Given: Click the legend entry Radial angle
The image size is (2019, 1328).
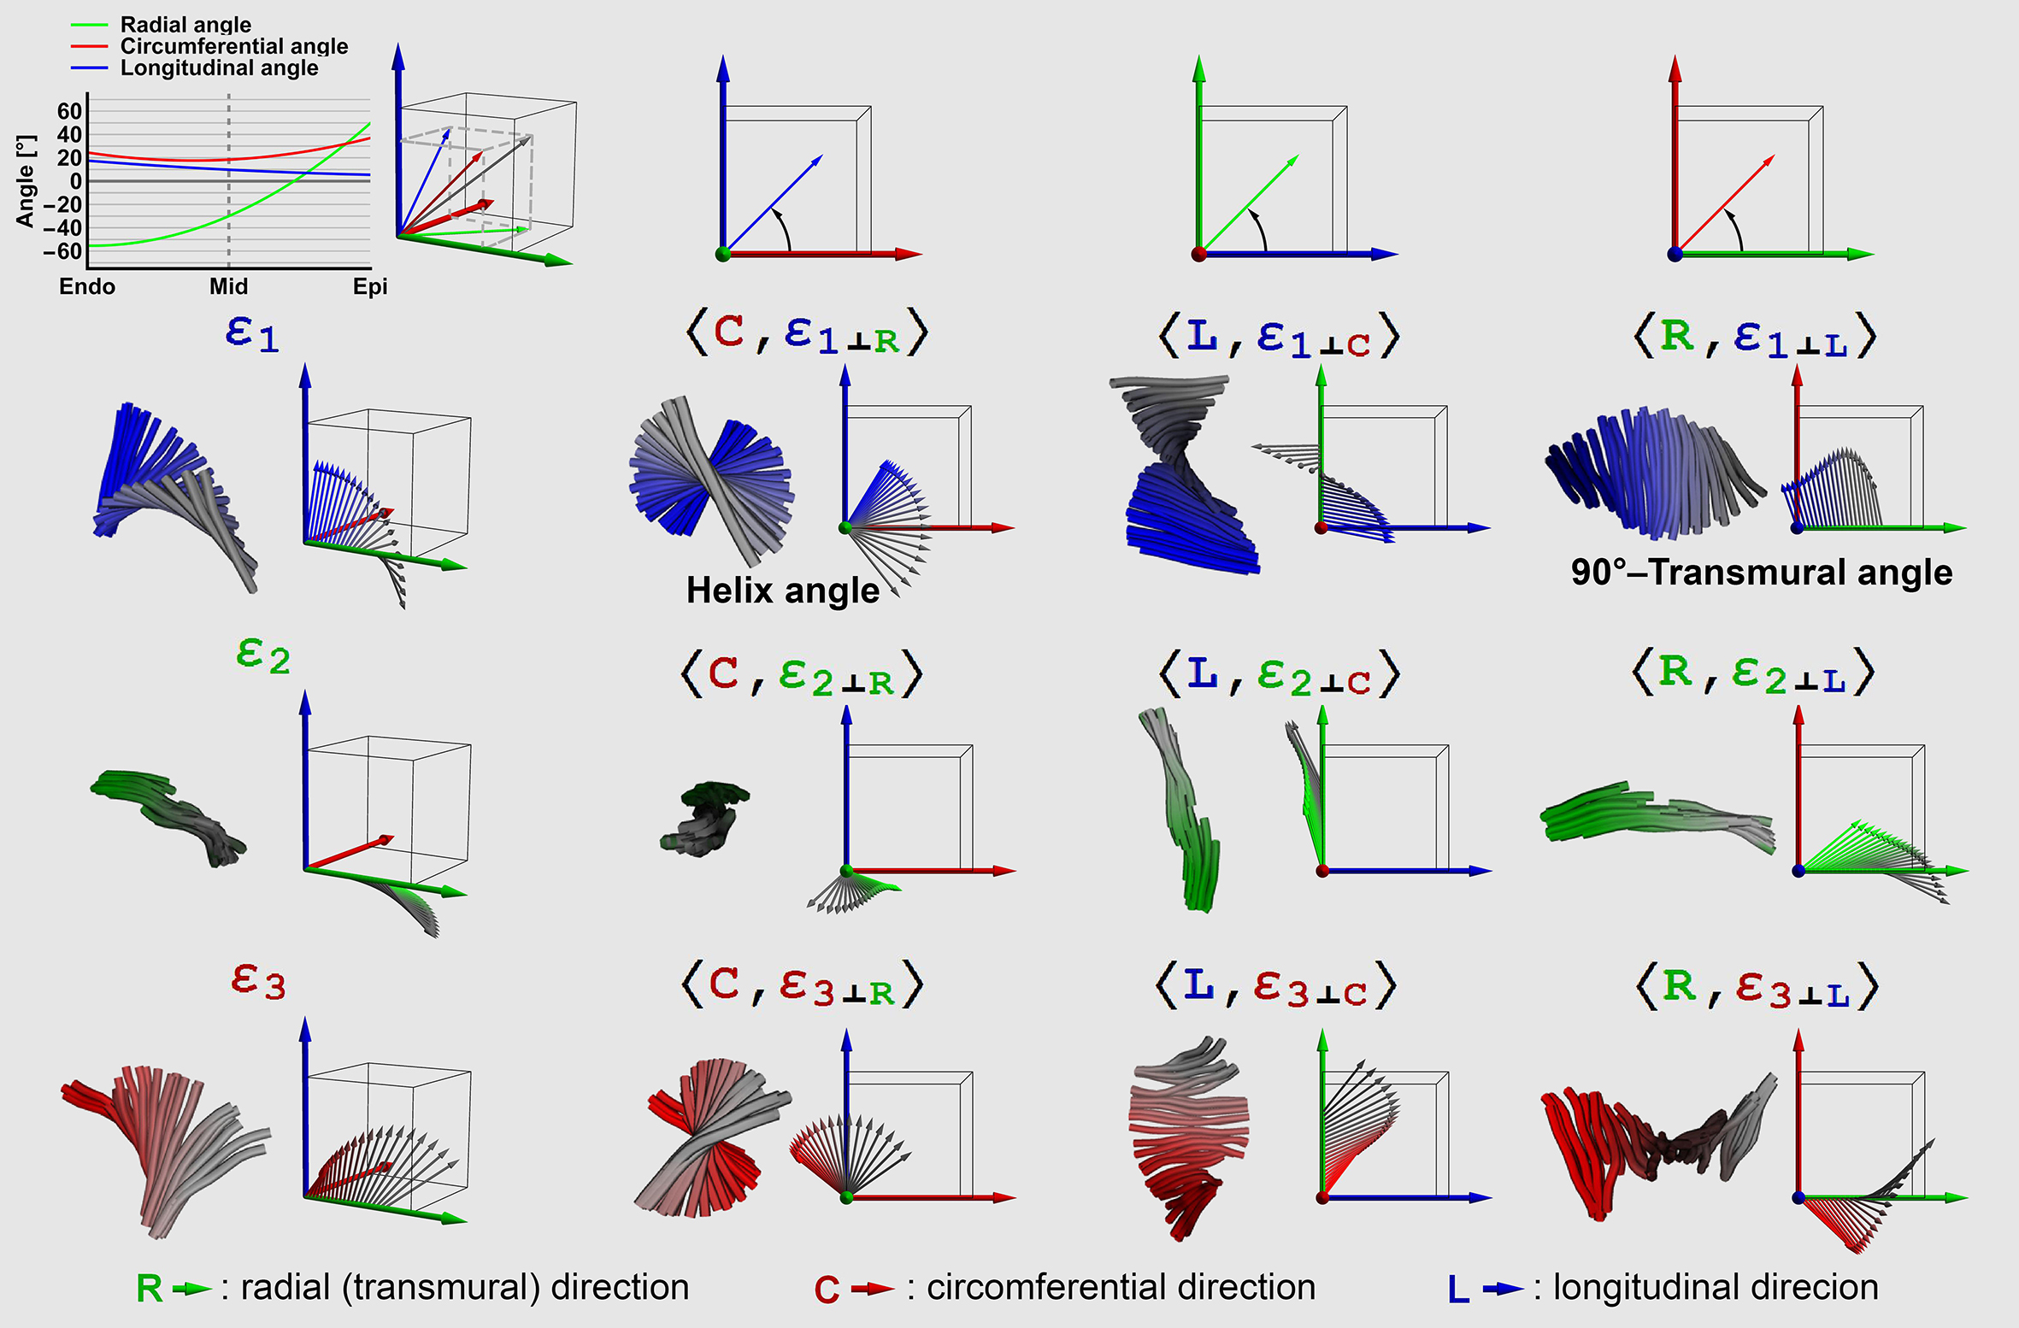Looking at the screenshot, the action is [185, 25].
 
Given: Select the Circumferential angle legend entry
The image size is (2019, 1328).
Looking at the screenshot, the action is [233, 46].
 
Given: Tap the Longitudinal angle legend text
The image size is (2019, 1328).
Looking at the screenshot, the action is [219, 68].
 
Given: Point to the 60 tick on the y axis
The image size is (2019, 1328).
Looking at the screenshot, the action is [69, 111].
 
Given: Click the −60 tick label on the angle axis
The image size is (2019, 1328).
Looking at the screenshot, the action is [62, 251].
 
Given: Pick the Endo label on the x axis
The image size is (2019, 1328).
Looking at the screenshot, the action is [87, 286].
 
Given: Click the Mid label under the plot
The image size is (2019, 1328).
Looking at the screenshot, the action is [228, 286].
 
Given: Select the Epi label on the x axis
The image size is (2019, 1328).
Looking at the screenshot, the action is [370, 286].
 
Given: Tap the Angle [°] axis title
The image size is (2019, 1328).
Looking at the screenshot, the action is [26, 180].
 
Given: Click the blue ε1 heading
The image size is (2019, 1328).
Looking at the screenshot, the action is [252, 333].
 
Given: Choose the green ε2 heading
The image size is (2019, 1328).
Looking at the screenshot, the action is [262, 656].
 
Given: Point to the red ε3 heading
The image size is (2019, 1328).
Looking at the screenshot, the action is [258, 981].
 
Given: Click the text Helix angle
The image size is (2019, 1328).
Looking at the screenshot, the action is [782, 591].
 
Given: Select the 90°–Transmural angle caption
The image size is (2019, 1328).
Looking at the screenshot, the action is [1762, 572].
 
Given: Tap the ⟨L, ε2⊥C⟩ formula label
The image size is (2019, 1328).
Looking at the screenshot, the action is [1279, 674].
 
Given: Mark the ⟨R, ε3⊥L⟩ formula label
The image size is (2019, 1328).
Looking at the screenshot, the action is [1757, 987].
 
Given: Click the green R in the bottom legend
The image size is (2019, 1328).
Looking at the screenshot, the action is [149, 1289].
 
